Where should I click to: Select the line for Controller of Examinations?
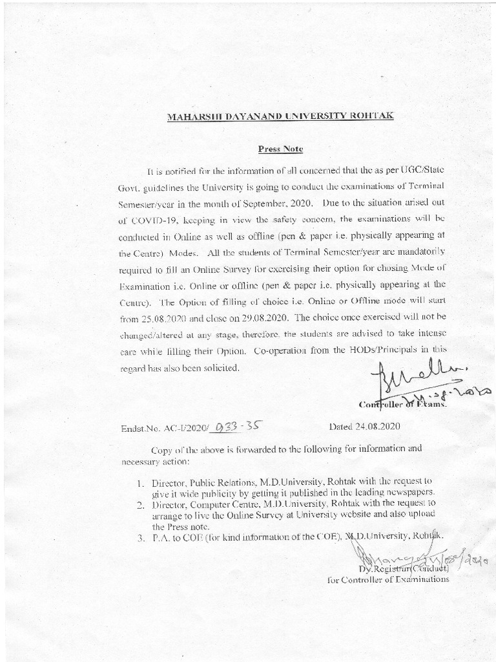click(x=387, y=579)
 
